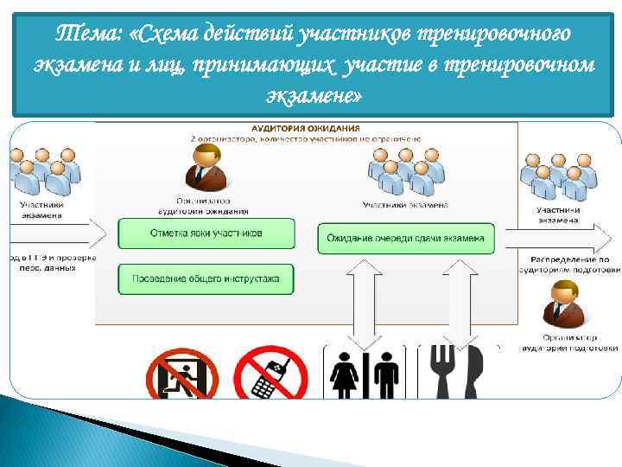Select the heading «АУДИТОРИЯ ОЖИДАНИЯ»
(306, 127)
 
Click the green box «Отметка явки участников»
(206, 233)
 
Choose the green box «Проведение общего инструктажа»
(206, 278)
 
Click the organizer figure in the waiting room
(207, 167)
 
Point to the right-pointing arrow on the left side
(56, 233)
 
